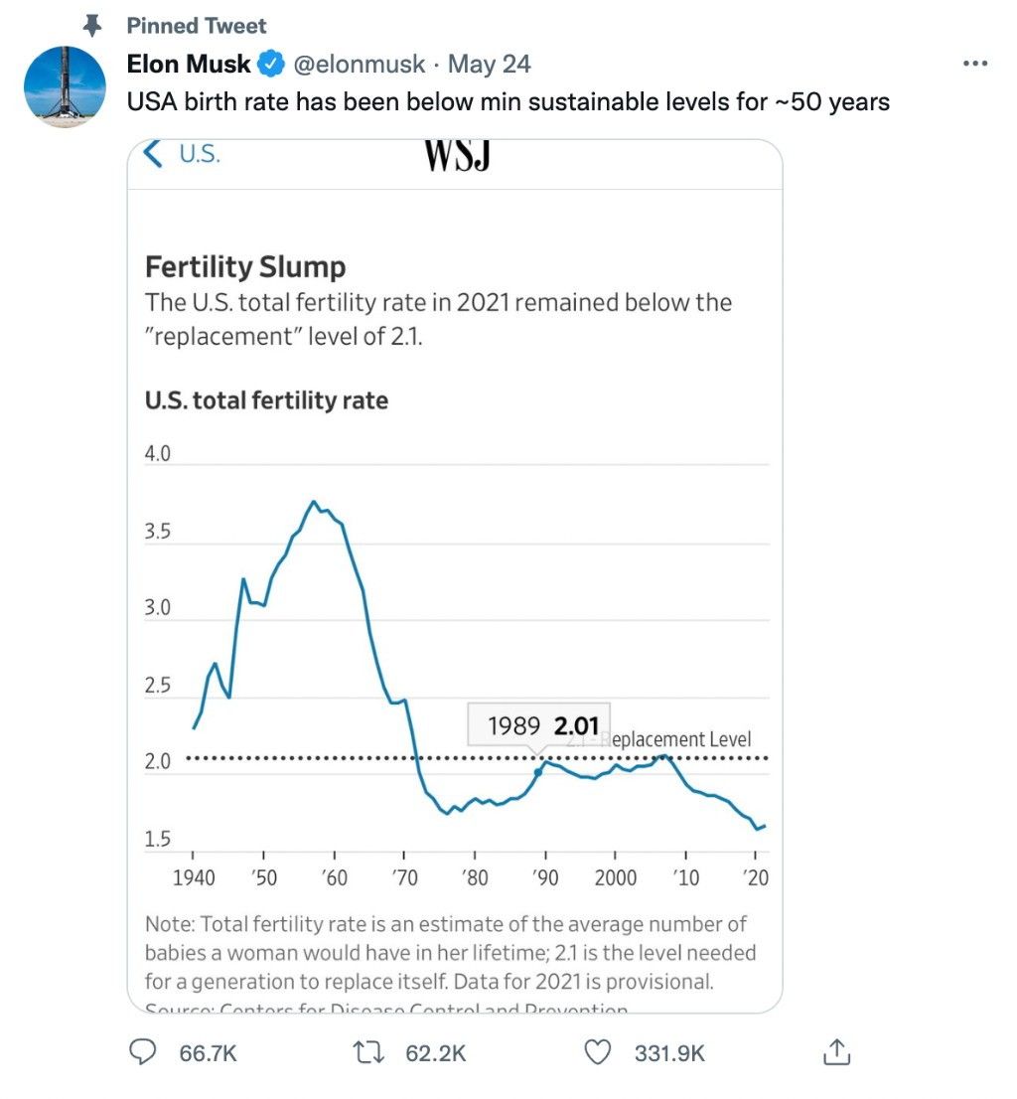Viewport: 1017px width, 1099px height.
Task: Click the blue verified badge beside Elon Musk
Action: tap(270, 66)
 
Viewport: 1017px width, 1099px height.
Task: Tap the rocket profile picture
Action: tap(65, 86)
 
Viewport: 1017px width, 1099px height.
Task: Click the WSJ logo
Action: tap(458, 155)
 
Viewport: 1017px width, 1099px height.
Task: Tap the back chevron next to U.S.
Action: tap(153, 154)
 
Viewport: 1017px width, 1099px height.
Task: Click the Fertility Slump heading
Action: tap(245, 266)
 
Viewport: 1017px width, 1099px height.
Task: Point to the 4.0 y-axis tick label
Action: tap(158, 454)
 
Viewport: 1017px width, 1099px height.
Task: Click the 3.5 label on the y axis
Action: tap(158, 532)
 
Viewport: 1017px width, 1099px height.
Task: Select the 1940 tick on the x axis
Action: tap(193, 878)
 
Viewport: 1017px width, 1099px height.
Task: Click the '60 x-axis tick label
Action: tap(334, 878)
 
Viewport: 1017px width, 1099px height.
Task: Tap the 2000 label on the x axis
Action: tap(616, 878)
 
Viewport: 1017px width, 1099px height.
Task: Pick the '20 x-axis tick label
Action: tap(756, 878)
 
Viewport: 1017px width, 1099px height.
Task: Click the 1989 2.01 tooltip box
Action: tap(539, 725)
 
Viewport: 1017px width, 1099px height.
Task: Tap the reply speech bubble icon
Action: tap(145, 1052)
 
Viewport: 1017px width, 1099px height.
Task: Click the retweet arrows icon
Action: tap(370, 1052)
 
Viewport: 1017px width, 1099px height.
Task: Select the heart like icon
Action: tap(597, 1052)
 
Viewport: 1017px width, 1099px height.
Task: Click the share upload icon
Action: tap(836, 1052)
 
